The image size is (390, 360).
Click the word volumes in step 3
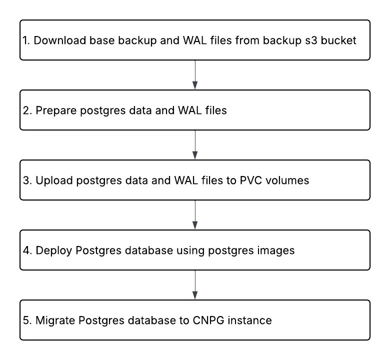292,180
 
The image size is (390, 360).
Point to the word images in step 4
277,250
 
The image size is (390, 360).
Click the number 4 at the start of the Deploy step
25,250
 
